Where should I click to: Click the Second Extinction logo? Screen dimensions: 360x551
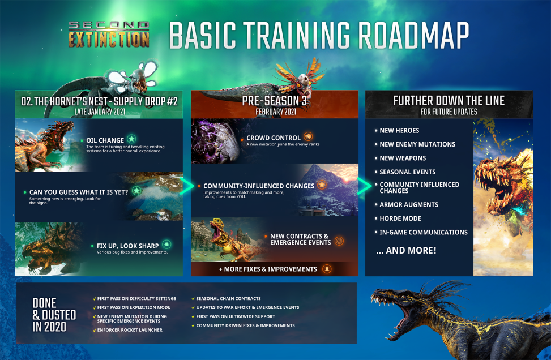(109, 34)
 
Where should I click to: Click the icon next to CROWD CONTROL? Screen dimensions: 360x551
(308, 137)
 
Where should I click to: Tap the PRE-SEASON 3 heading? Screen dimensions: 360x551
(275, 101)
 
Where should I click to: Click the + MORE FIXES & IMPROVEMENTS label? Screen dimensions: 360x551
(268, 269)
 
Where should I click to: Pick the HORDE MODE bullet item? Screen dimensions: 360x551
(400, 218)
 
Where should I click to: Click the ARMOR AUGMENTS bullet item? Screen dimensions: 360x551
(409, 205)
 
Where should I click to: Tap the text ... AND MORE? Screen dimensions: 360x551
(407, 250)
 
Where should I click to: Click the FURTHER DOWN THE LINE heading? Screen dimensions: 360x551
(449, 101)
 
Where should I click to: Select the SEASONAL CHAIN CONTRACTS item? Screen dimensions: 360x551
(228, 299)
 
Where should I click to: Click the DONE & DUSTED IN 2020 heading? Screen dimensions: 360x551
(49, 315)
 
